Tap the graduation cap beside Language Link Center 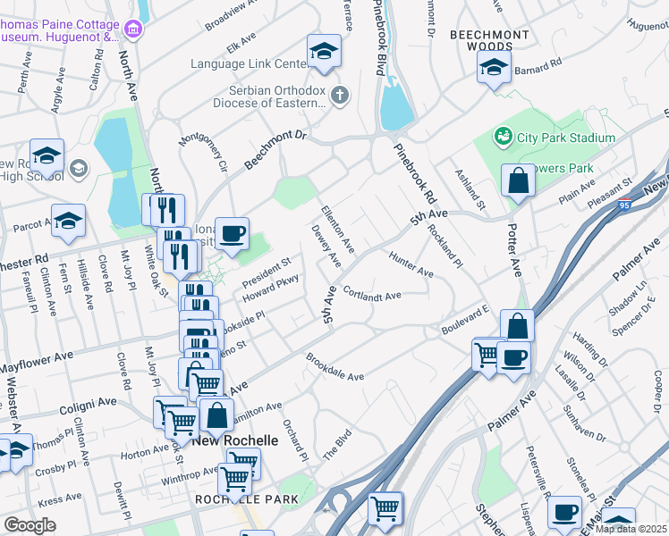(324, 51)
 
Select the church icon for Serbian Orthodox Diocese (339, 95)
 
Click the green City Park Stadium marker (504, 137)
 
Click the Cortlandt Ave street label (371, 295)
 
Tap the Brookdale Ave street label (334, 369)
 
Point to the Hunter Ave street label (411, 264)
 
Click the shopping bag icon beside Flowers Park (518, 181)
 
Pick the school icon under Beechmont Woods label (494, 67)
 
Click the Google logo (29, 525)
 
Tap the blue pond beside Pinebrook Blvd (396, 105)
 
